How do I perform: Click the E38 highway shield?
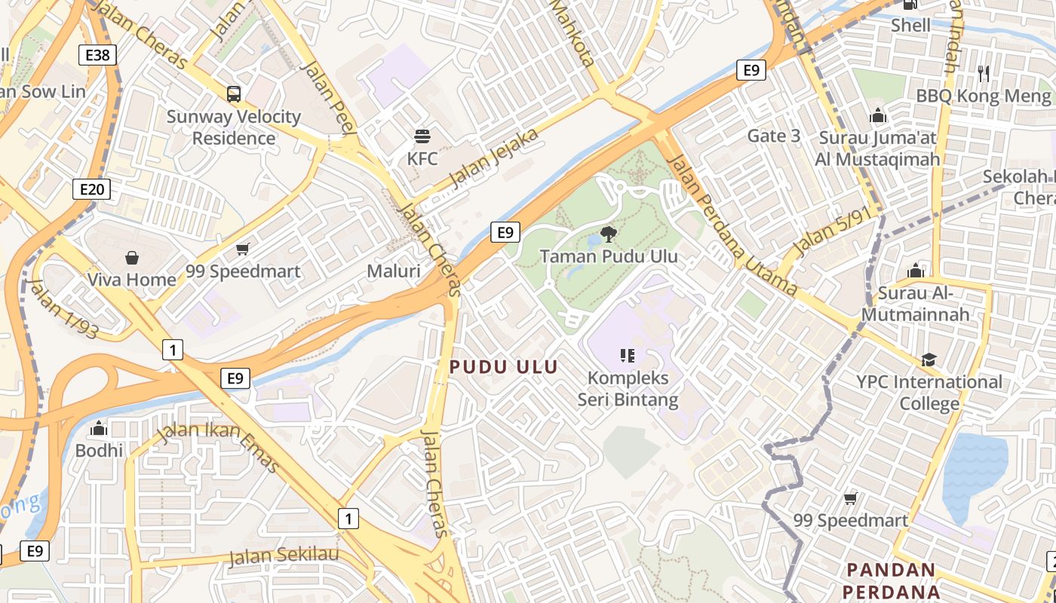(98, 54)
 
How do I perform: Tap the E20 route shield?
(91, 188)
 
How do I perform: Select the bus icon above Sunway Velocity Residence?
(234, 94)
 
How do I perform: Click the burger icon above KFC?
(422, 136)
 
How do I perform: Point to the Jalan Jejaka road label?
(494, 158)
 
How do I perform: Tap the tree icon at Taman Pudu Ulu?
(608, 234)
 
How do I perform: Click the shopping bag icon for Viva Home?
(132, 259)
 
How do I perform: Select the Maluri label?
(393, 271)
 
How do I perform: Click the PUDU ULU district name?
(503, 367)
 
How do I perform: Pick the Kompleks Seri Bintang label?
(628, 388)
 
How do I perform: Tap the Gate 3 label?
(774, 136)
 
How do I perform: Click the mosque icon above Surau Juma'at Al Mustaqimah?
(877, 115)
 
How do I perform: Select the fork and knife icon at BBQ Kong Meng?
(984, 73)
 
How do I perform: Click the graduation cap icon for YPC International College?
(929, 360)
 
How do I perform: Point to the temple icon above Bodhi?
(99, 429)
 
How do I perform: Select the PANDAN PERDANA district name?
(890, 580)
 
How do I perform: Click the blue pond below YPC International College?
(974, 471)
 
